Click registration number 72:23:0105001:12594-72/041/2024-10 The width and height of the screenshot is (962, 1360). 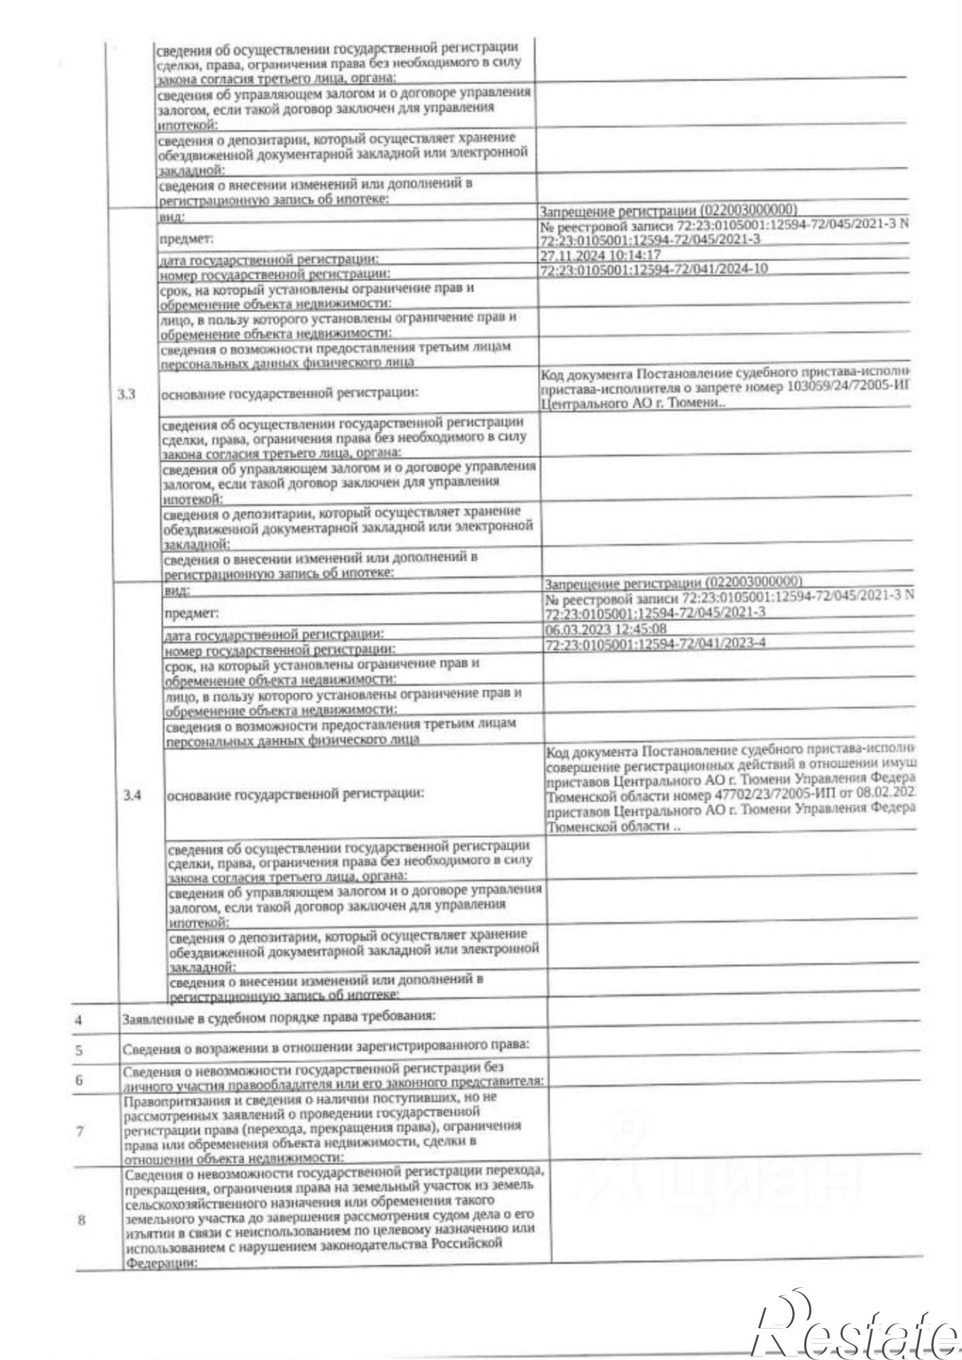point(653,269)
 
